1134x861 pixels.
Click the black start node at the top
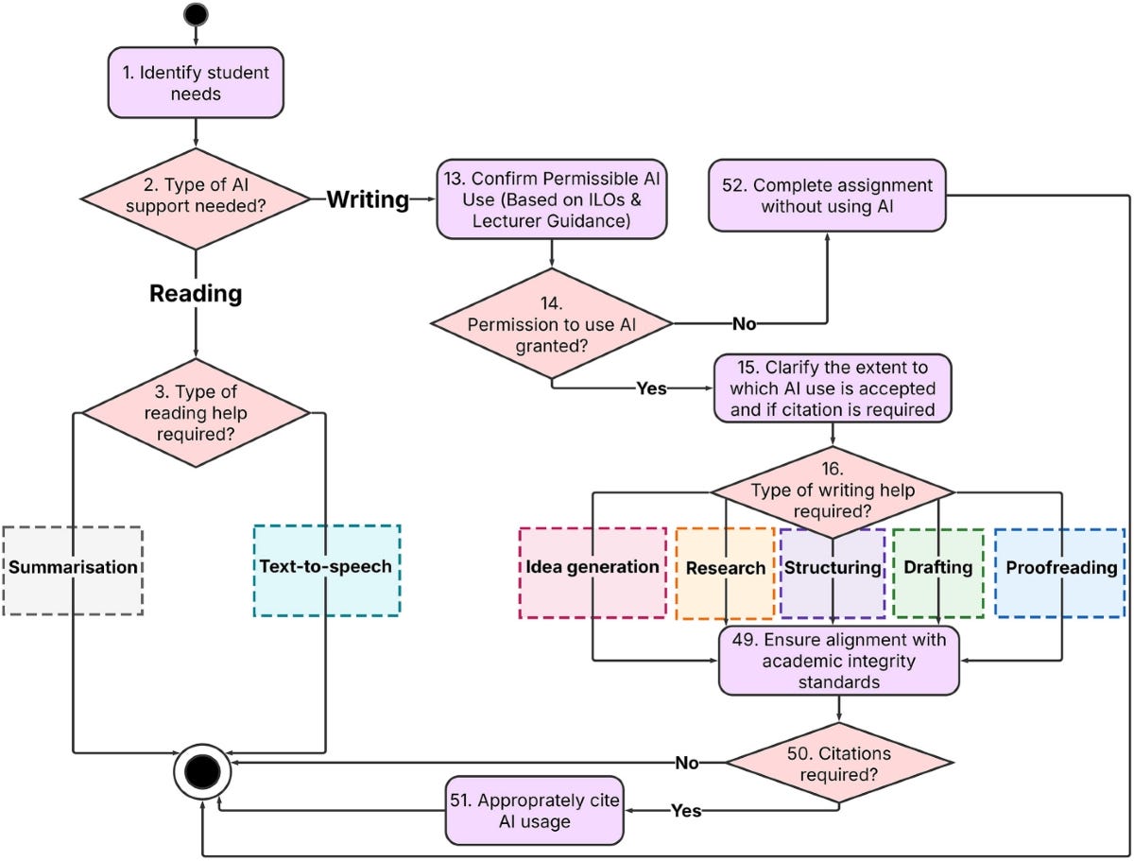(x=196, y=13)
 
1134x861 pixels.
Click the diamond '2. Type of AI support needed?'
(x=196, y=199)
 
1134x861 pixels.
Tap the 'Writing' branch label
(x=368, y=199)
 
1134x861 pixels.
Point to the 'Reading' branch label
(x=196, y=294)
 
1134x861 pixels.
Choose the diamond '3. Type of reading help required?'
(x=196, y=413)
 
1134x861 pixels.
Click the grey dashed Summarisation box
(x=73, y=570)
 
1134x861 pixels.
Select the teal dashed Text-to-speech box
(x=327, y=570)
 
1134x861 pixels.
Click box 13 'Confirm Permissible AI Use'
(x=552, y=199)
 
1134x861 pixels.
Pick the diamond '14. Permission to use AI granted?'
(x=552, y=324)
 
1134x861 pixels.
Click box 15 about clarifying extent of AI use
(x=832, y=387)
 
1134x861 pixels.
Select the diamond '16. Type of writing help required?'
(x=832, y=491)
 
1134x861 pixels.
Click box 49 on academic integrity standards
(x=838, y=660)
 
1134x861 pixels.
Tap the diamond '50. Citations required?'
(x=838, y=763)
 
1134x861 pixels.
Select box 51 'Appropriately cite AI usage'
(x=535, y=811)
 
